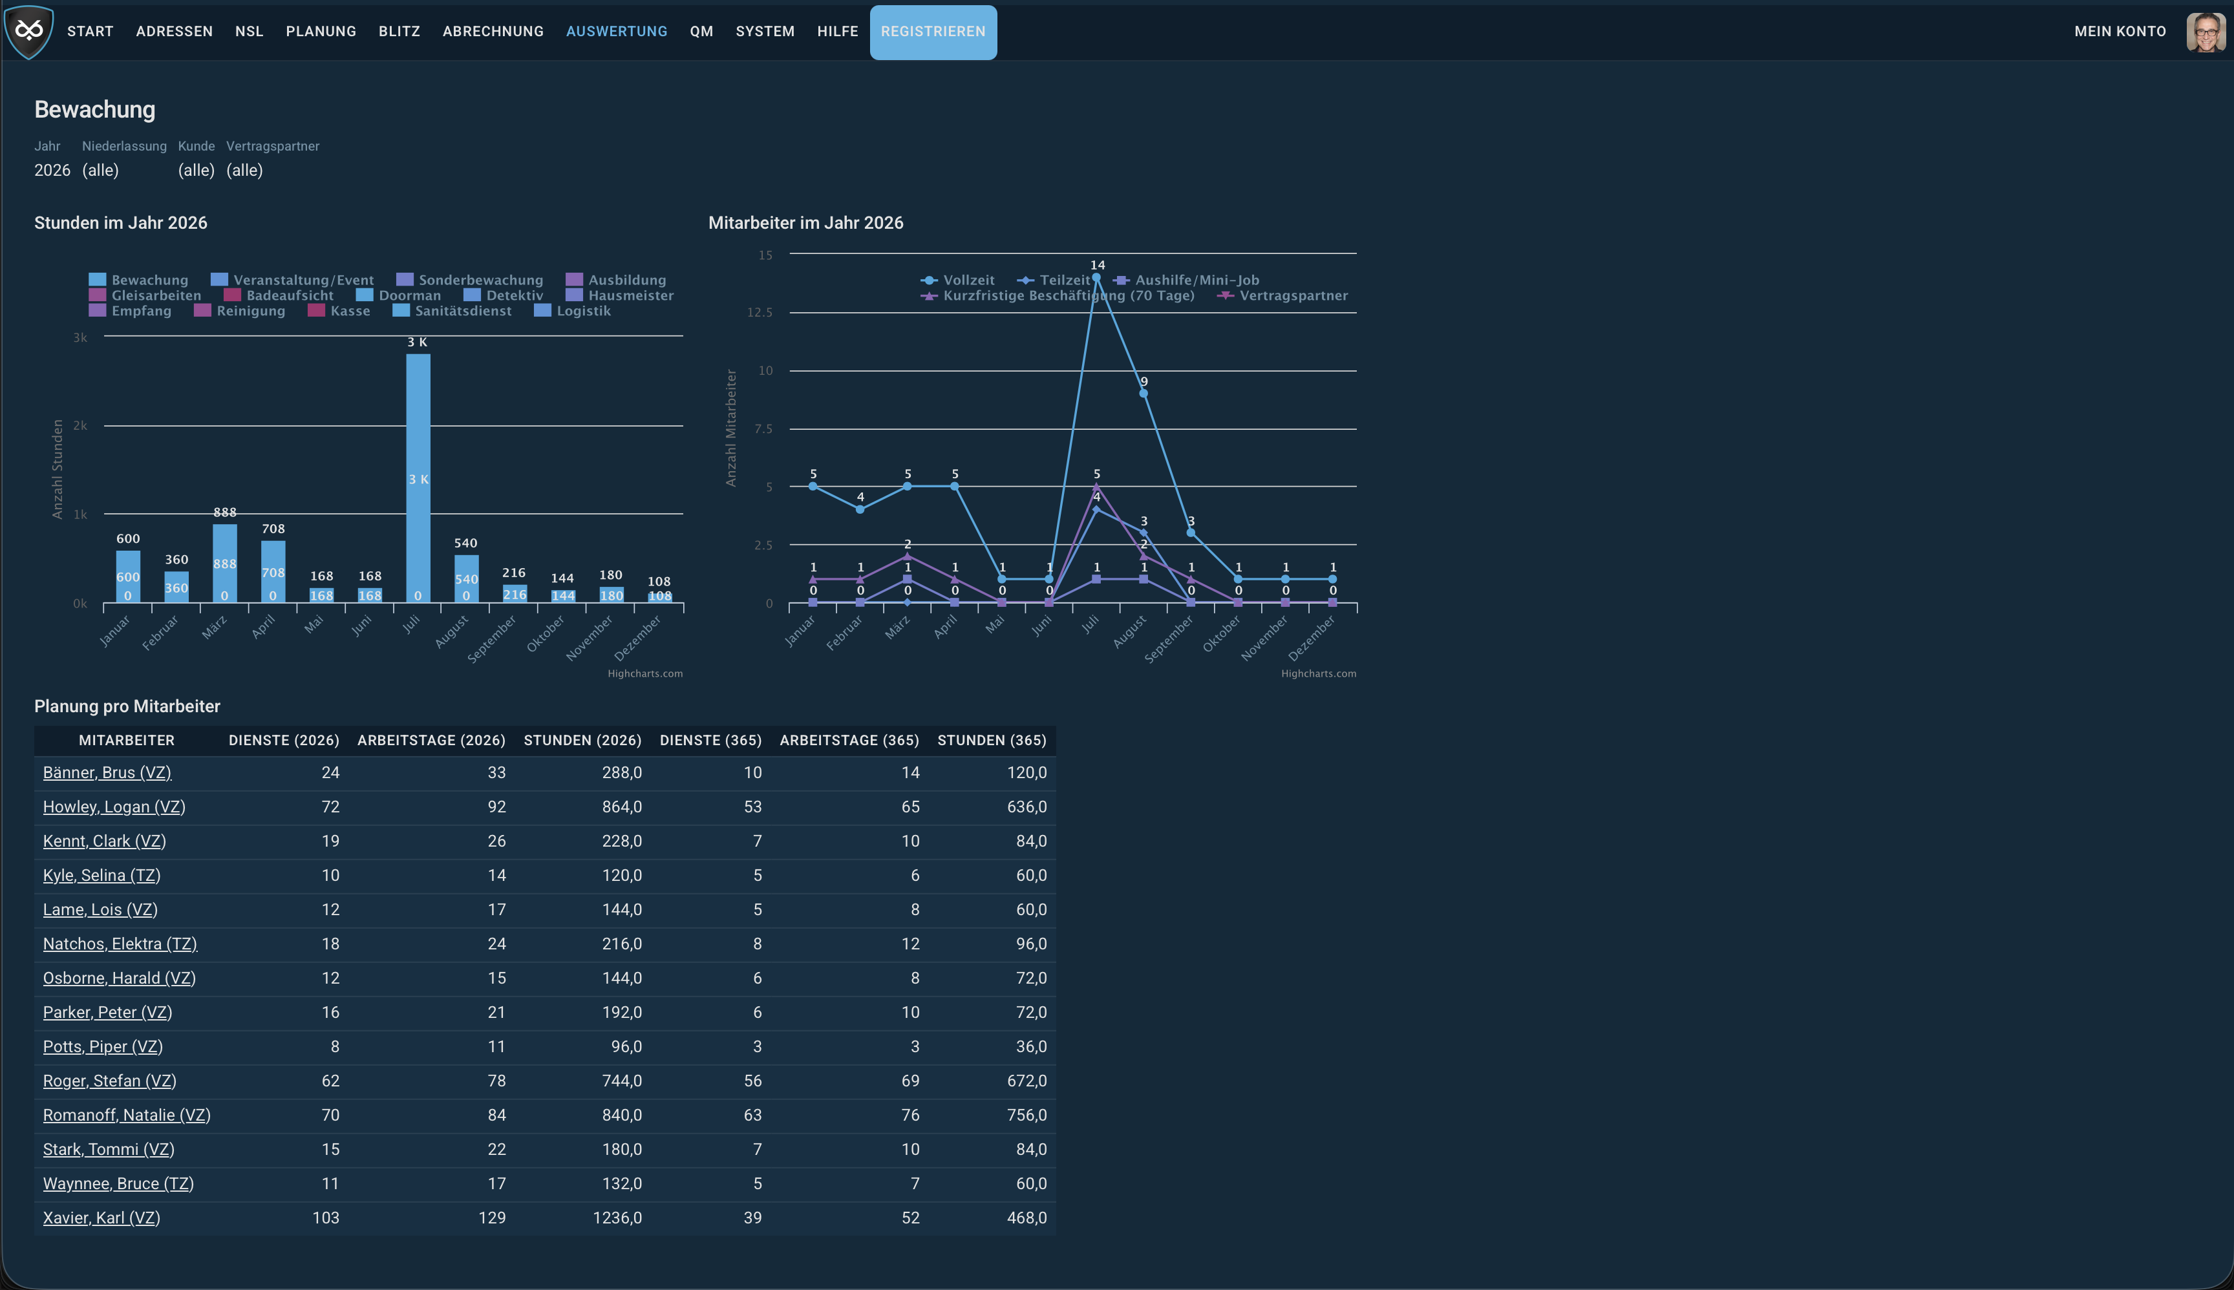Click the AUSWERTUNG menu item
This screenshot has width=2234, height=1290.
(617, 31)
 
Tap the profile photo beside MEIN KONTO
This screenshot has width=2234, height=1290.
(2205, 32)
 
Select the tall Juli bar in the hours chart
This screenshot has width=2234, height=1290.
(418, 478)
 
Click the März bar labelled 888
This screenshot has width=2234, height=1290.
(225, 564)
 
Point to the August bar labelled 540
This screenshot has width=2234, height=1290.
(466, 578)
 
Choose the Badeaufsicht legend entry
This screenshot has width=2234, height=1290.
(279, 296)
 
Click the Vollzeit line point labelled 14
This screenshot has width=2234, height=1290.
(1096, 277)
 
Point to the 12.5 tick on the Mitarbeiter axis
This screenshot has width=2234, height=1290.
(760, 313)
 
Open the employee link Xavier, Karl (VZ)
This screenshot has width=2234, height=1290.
(102, 1218)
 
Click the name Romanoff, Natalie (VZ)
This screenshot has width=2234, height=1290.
(127, 1116)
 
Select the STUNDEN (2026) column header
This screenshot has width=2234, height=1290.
(582, 741)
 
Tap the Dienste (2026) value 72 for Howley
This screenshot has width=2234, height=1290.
(330, 807)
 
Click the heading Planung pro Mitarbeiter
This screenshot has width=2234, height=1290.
(127, 706)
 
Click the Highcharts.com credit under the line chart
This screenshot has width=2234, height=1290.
(1319, 673)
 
